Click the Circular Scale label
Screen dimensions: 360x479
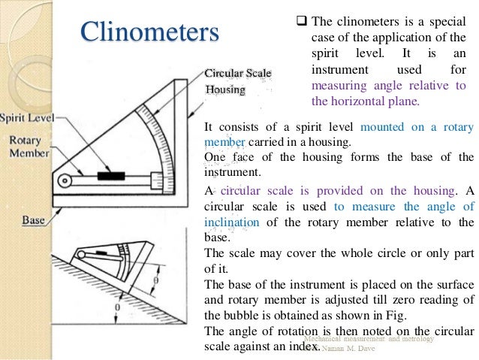[238, 73]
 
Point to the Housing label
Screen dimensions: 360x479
[225, 89]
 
